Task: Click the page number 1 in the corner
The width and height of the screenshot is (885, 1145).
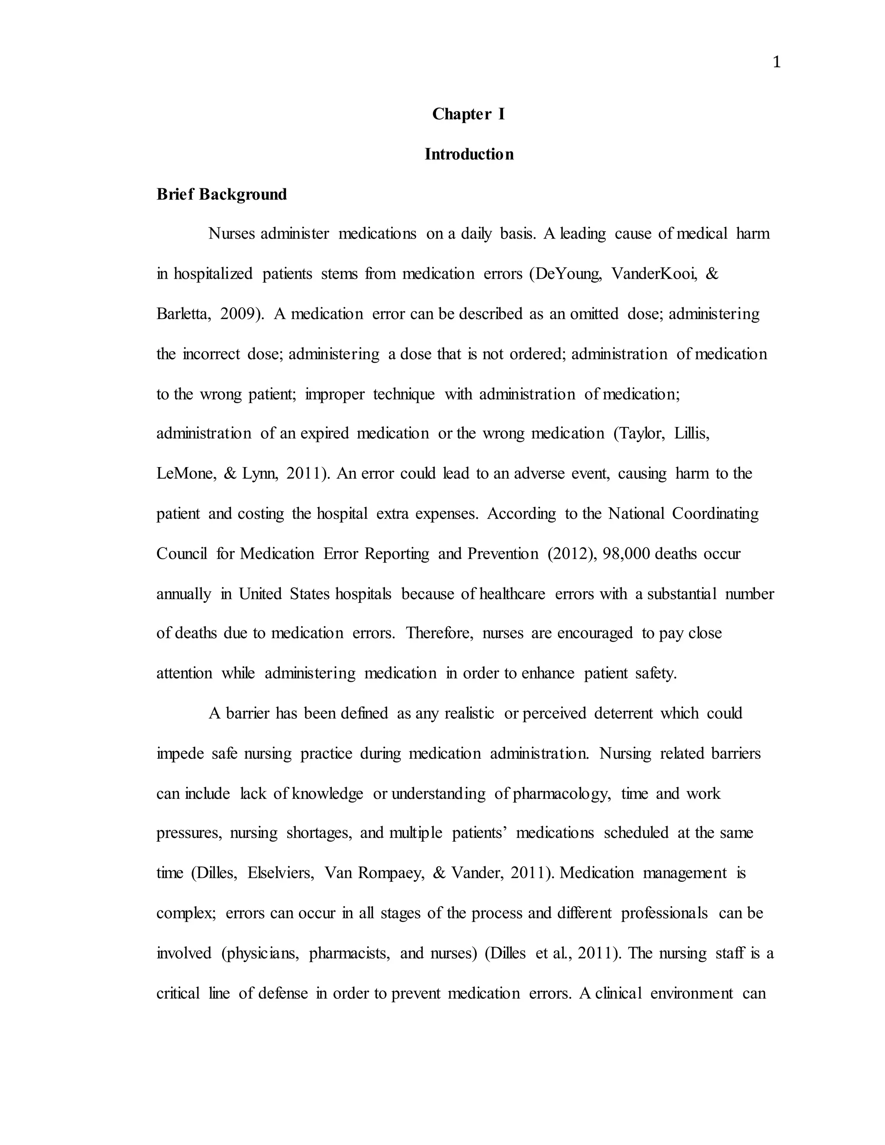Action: pos(777,63)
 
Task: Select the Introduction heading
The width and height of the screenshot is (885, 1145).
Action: pos(469,154)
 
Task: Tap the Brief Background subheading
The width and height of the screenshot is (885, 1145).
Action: pos(221,194)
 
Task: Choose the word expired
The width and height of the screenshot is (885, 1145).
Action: pos(325,433)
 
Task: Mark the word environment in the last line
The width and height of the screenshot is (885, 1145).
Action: pos(691,993)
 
